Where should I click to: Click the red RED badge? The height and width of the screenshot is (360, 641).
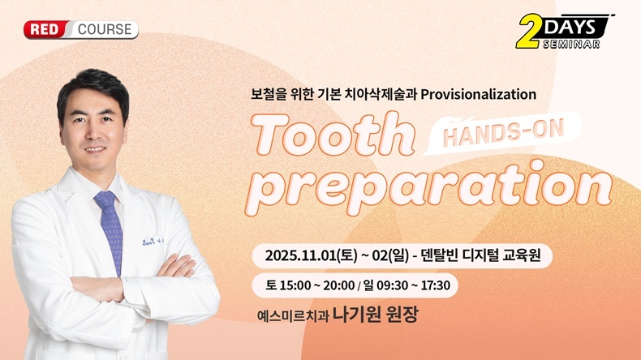pos(45,30)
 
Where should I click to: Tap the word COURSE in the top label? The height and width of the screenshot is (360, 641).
pos(105,30)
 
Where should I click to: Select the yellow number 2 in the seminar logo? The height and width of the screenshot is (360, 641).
pos(529,32)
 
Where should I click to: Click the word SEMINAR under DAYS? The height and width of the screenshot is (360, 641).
pos(571,44)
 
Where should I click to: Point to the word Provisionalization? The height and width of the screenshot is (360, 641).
pos(478,94)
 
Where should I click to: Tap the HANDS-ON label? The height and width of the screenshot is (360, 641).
pos(504,132)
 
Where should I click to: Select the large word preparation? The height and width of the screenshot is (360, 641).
pos(429,188)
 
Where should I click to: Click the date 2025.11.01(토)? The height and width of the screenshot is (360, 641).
pos(311,255)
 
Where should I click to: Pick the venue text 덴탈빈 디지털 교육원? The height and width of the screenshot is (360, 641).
pos(480,255)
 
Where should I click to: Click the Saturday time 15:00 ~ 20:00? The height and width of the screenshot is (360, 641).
pos(316,285)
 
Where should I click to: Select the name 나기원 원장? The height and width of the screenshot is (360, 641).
pos(376,315)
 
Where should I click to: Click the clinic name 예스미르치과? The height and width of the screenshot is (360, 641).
pos(293,316)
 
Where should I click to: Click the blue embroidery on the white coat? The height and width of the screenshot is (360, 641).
pos(153,242)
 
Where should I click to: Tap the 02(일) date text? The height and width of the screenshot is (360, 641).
pos(390,255)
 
